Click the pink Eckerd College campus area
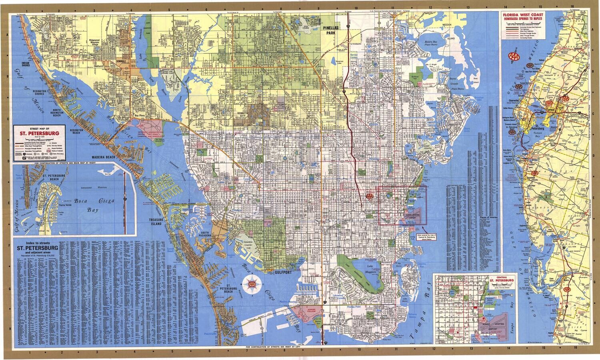pyautogui.click(x=306, y=314)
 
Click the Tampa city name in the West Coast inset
pyautogui.click(x=550, y=110)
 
